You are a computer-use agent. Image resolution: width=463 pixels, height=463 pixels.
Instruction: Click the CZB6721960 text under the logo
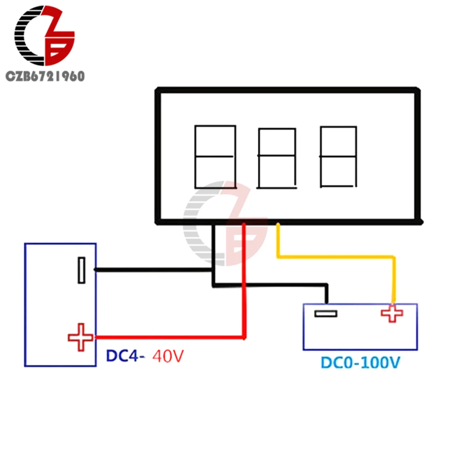45,76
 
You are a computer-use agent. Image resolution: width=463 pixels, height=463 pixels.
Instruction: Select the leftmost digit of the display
215,156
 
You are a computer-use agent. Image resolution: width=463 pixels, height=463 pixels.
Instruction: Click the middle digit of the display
277,158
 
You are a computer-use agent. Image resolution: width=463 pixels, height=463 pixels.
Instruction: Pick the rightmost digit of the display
338,156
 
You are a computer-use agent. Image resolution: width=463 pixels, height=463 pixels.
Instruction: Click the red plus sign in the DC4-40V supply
81,338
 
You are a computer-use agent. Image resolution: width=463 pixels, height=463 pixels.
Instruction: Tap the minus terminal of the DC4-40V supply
81,270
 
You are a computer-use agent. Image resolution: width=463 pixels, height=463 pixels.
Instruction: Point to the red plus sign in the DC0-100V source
392,314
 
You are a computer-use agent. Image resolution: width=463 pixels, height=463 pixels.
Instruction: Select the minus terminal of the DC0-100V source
325,313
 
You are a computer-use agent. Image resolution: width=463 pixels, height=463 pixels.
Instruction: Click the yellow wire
336,256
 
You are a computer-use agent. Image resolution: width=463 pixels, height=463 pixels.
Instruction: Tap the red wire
244,287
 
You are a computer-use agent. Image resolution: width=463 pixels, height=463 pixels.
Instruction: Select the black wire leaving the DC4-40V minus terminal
153,269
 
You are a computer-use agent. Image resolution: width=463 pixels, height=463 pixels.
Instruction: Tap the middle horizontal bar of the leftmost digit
215,156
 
